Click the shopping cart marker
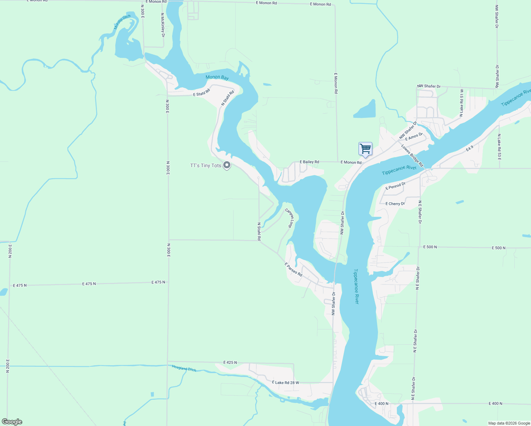pyautogui.click(x=365, y=149)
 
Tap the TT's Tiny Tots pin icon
pyautogui.click(x=227, y=165)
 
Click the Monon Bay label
pyautogui.click(x=217, y=77)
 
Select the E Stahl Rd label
pyautogui.click(x=202, y=93)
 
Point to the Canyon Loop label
pyautogui.click(x=290, y=218)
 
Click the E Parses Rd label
pyautogui.click(x=293, y=269)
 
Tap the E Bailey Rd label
pyautogui.click(x=309, y=162)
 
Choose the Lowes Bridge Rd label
pyautogui.click(x=412, y=155)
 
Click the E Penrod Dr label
pyautogui.click(x=395, y=186)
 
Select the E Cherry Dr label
pyautogui.click(x=395, y=204)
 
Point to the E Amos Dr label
pyautogui.click(x=414, y=136)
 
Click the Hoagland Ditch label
pyautogui.click(x=184, y=368)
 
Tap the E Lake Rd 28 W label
pyautogui.click(x=285, y=383)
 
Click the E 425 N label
pyautogui.click(x=230, y=362)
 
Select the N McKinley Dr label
pyautogui.click(x=163, y=25)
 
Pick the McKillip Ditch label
pyautogui.click(x=122, y=22)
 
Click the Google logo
pyautogui.click(x=12, y=422)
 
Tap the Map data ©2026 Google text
pyautogui.click(x=509, y=423)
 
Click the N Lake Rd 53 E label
pyautogui.click(x=499, y=147)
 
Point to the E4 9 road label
pyautogui.click(x=470, y=149)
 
